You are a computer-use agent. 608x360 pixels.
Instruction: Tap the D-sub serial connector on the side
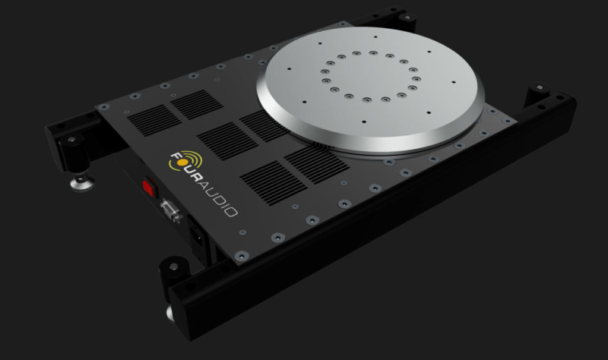pyautogui.click(x=169, y=208)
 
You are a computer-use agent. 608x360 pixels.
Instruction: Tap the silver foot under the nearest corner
pyautogui.click(x=168, y=311)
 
